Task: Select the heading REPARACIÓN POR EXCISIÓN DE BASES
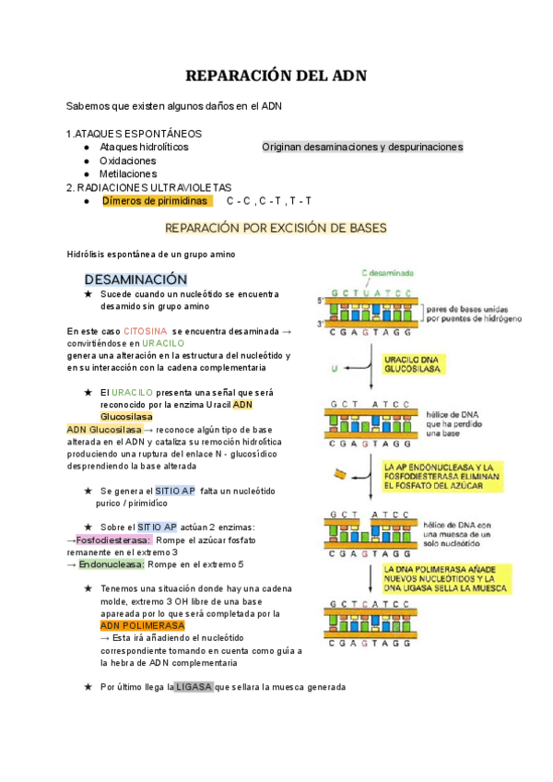point(276,228)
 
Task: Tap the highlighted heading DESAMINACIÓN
point(135,278)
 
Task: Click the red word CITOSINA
point(145,330)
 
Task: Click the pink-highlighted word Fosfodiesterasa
point(113,539)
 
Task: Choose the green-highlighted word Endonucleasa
point(112,564)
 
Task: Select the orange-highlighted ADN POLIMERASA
point(143,625)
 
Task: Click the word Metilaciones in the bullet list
point(128,173)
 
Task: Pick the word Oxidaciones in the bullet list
point(128,160)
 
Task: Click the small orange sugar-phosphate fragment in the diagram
point(341,475)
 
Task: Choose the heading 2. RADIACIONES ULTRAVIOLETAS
point(149,187)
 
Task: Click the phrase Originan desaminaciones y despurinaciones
point(362,147)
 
